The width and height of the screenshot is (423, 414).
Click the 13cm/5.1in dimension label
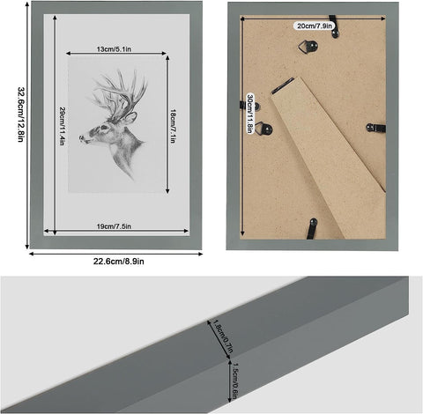tap(116, 50)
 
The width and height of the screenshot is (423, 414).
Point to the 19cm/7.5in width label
tap(115, 226)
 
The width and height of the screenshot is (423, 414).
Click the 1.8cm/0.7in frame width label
tap(218, 336)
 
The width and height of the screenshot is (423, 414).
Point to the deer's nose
tap(82, 139)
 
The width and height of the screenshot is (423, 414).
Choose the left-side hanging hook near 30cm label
tap(266, 129)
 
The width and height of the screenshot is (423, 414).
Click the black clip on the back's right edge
tap(375, 128)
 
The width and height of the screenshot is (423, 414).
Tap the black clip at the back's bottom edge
tap(312, 228)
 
